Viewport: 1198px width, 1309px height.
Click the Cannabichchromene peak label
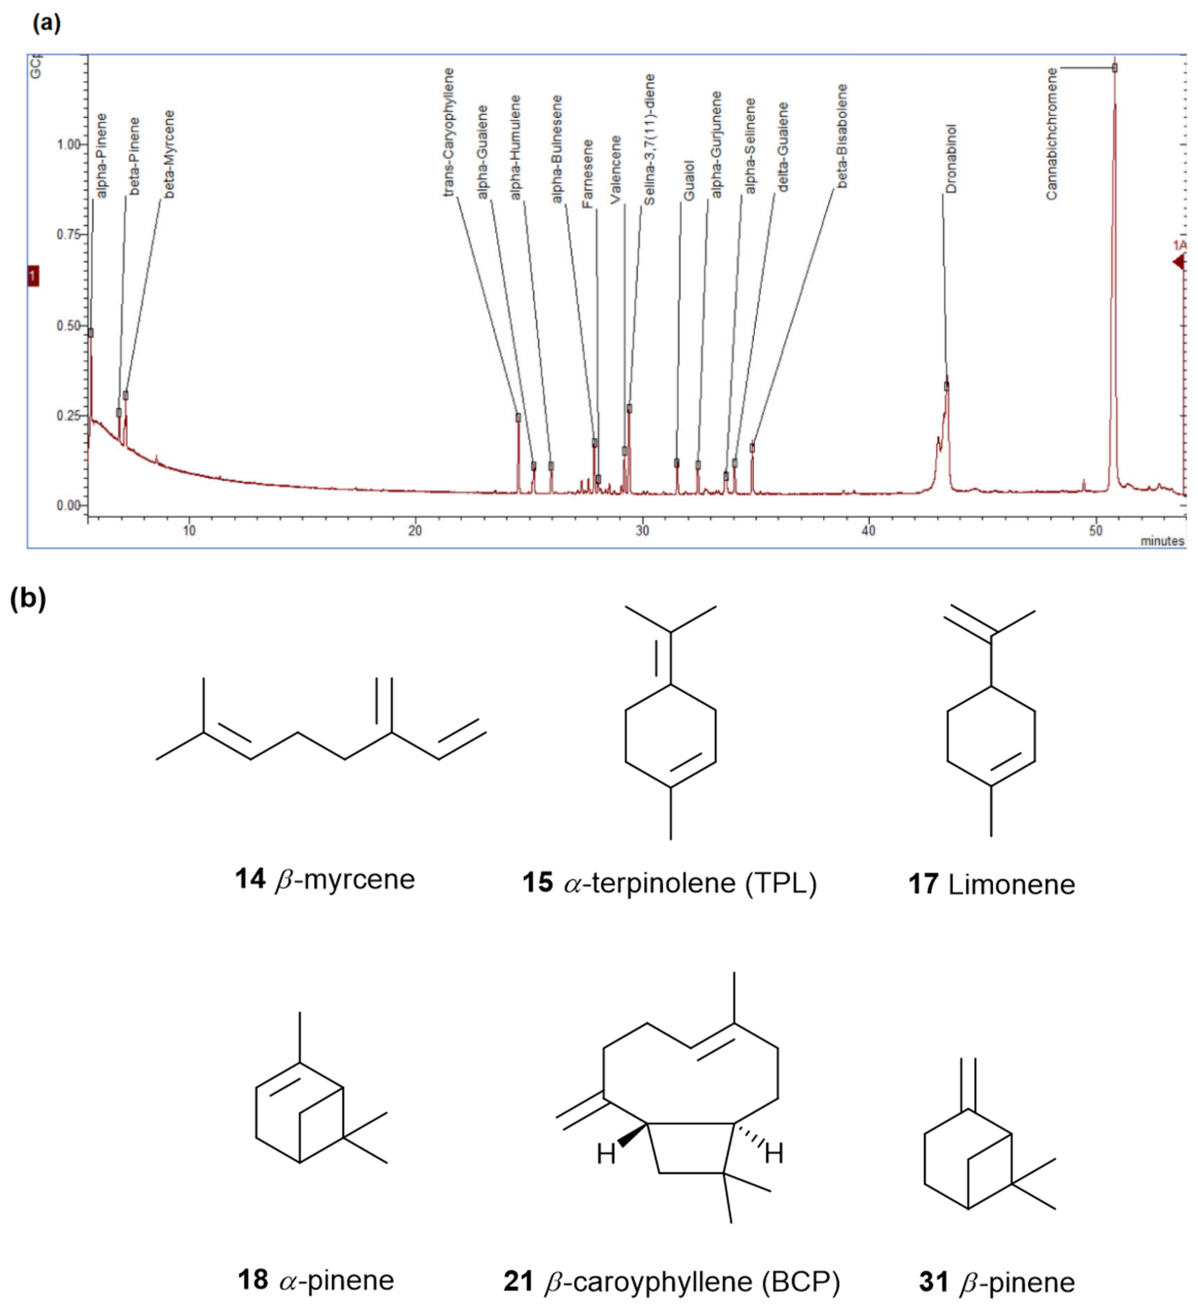point(1051,134)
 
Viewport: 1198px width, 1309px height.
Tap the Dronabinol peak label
point(951,159)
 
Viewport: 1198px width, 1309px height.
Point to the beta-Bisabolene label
point(842,136)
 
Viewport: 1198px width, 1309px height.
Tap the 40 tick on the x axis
point(868,531)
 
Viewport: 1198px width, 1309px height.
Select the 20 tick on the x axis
point(415,531)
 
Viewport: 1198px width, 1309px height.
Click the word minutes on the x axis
point(1162,541)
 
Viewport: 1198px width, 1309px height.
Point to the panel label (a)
point(46,24)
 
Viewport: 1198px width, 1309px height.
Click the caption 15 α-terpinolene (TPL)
point(670,883)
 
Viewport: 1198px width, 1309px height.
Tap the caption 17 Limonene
point(991,884)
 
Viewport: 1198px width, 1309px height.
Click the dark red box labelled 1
point(32,276)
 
